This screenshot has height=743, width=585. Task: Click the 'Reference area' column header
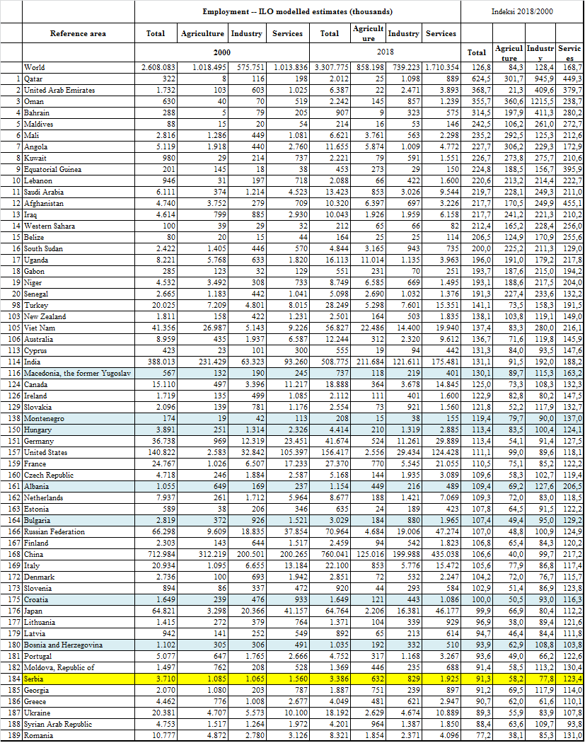(78, 33)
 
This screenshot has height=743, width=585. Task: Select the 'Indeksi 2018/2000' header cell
(523, 12)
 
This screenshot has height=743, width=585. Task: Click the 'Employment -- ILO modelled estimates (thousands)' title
(298, 12)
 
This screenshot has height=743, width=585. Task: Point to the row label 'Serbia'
(35, 679)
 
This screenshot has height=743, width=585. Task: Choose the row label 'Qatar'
(34, 79)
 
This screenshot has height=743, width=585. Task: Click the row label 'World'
(35, 68)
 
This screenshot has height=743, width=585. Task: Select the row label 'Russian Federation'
(54, 531)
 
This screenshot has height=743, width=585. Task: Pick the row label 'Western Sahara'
(50, 226)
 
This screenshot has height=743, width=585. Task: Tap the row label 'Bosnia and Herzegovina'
(63, 645)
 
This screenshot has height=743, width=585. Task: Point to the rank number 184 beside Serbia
(11, 679)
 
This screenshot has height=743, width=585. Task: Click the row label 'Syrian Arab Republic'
(58, 724)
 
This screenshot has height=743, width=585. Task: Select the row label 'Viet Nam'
(40, 328)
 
